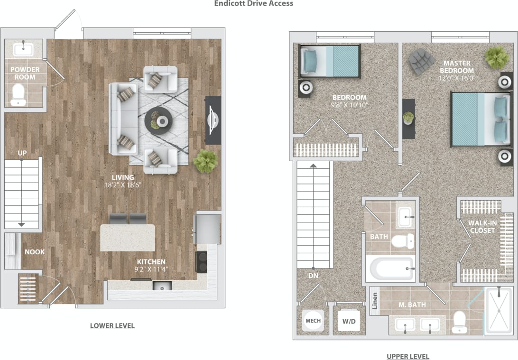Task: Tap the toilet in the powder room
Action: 18,94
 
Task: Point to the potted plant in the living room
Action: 206,161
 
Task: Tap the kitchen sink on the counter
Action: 162,286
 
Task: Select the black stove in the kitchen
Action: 202,261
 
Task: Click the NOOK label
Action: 35,252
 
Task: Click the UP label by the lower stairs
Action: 22,153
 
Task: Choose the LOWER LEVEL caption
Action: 112,326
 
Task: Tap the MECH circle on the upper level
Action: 313,321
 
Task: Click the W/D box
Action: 349,321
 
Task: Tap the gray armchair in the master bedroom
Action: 422,61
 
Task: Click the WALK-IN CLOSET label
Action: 481,227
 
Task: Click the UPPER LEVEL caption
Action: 407,356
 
